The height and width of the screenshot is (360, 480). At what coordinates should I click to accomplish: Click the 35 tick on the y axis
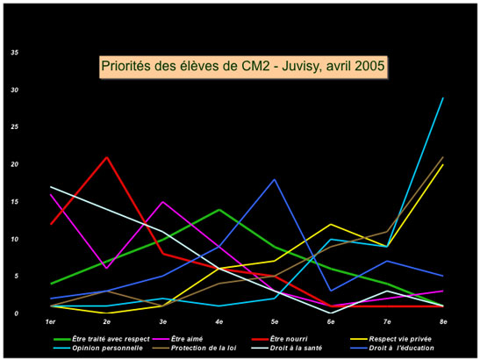pyautogui.click(x=14, y=53)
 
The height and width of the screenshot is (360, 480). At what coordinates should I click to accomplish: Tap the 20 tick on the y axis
pyautogui.click(x=14, y=164)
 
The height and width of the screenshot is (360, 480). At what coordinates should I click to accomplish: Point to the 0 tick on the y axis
pyautogui.click(x=16, y=313)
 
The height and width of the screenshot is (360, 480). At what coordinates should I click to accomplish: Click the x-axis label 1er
pyautogui.click(x=51, y=323)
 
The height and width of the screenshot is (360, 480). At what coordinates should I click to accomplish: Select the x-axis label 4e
pyautogui.click(x=219, y=323)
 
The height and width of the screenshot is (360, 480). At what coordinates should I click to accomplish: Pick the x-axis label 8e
pyautogui.click(x=442, y=323)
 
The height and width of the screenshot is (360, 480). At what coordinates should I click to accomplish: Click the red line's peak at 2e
pyautogui.click(x=107, y=157)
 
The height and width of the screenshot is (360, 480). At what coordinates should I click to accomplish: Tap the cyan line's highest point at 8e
pyautogui.click(x=443, y=97)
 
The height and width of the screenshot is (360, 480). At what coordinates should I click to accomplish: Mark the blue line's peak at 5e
pyautogui.click(x=276, y=179)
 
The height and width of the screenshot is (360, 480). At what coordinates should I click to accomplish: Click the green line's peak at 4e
pyautogui.click(x=219, y=209)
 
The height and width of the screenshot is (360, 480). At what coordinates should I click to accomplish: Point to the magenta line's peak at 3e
pyautogui.click(x=163, y=202)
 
